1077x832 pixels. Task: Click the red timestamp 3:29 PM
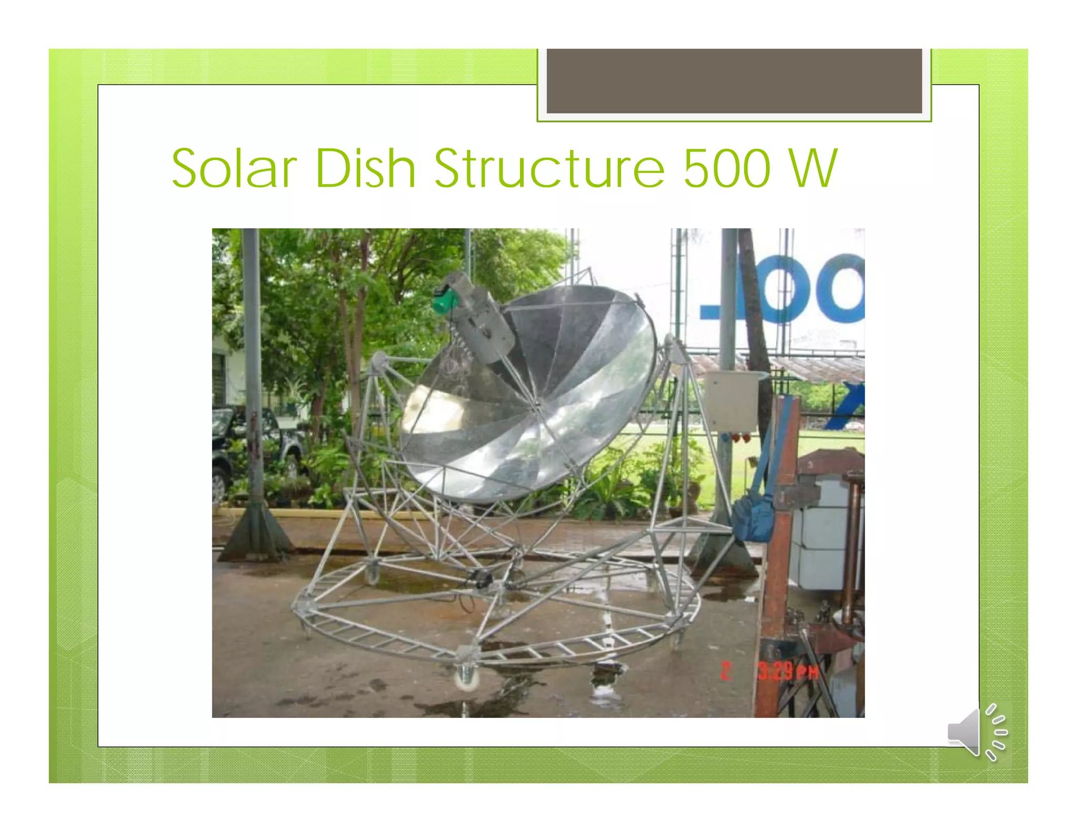click(x=788, y=672)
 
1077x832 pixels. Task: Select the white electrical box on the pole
click(x=730, y=401)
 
